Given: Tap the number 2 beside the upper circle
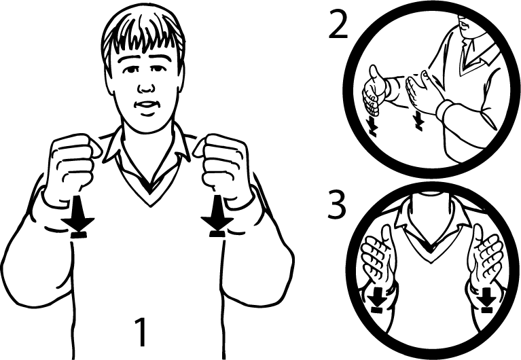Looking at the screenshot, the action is [338, 24].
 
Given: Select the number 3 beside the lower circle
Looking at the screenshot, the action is [337, 205].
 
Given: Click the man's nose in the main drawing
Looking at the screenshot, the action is [146, 86].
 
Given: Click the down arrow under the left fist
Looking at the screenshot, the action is [78, 217].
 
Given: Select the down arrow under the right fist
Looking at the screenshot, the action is [217, 216].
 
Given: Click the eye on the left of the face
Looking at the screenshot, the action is [130, 70].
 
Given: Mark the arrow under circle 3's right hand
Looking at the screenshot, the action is [487, 300].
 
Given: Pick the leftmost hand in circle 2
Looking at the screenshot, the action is [374, 90].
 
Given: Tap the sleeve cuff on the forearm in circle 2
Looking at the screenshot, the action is [446, 110].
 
